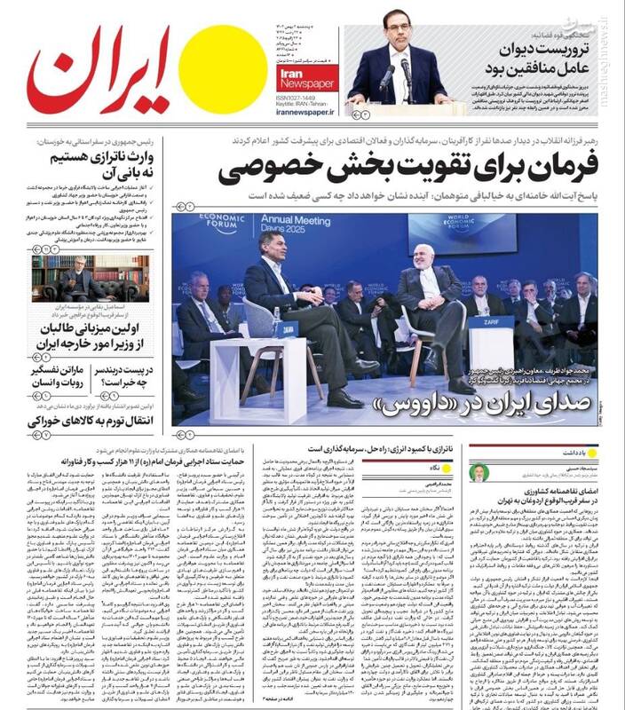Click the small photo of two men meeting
tap(90, 278)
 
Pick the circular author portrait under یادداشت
tap(479, 472)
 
